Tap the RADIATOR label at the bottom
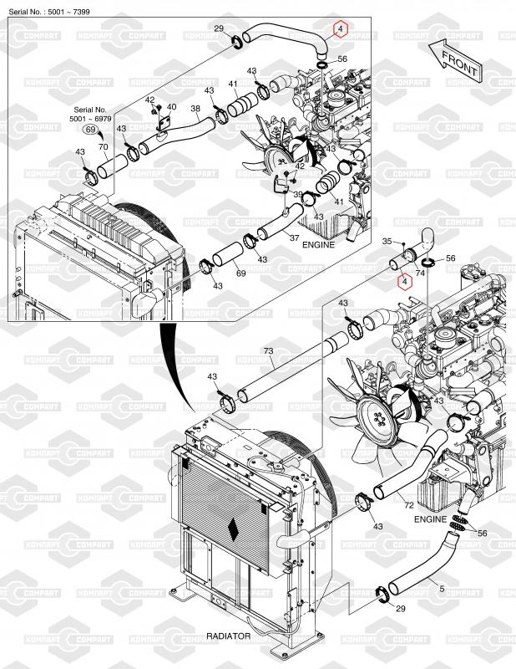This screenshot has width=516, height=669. click(x=228, y=636)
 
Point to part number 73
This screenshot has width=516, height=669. click(x=269, y=351)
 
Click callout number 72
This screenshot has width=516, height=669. click(x=408, y=506)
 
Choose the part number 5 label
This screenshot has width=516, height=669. click(x=441, y=588)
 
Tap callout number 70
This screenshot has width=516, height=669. click(x=104, y=146)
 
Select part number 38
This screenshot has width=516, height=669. click(x=195, y=110)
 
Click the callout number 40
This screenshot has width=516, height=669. click(x=171, y=107)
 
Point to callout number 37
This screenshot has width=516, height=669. click(x=294, y=237)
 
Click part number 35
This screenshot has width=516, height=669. click(x=387, y=242)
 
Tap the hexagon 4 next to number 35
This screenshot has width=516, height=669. click(x=405, y=282)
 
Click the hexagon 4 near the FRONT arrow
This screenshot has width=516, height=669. click(x=340, y=29)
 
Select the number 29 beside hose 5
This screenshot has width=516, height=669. click(x=400, y=610)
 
